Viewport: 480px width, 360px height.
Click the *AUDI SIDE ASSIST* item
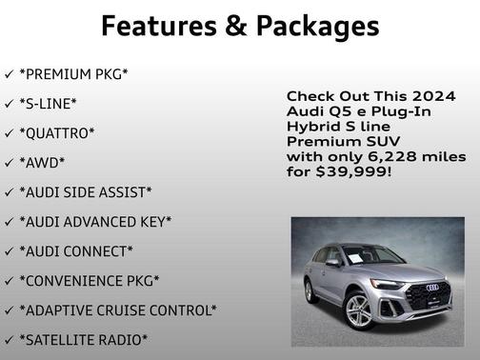(x=86, y=192)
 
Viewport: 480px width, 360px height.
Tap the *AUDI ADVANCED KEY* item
(x=95, y=222)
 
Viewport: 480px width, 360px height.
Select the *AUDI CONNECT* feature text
(x=76, y=251)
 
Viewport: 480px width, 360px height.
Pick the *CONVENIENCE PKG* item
(x=90, y=281)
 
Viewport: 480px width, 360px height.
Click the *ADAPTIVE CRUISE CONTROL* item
(x=118, y=310)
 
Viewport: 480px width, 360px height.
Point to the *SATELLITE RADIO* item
(x=84, y=340)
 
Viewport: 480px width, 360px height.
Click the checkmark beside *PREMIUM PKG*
(x=9, y=74)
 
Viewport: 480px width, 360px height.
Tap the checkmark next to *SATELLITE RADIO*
(x=9, y=340)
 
